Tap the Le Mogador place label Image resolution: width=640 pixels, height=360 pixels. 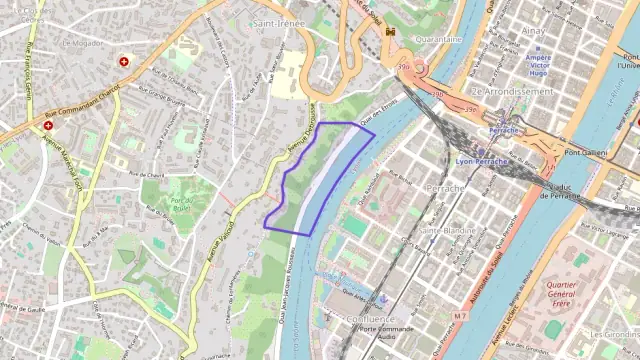click(82, 44)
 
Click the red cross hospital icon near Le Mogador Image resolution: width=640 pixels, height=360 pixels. click(124, 61)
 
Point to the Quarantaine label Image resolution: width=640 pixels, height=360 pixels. click(438, 40)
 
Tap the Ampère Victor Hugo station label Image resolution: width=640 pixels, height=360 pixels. click(539, 66)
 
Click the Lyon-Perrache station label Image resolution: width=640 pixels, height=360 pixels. click(482, 161)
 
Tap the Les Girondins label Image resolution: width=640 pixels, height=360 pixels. click(614, 334)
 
